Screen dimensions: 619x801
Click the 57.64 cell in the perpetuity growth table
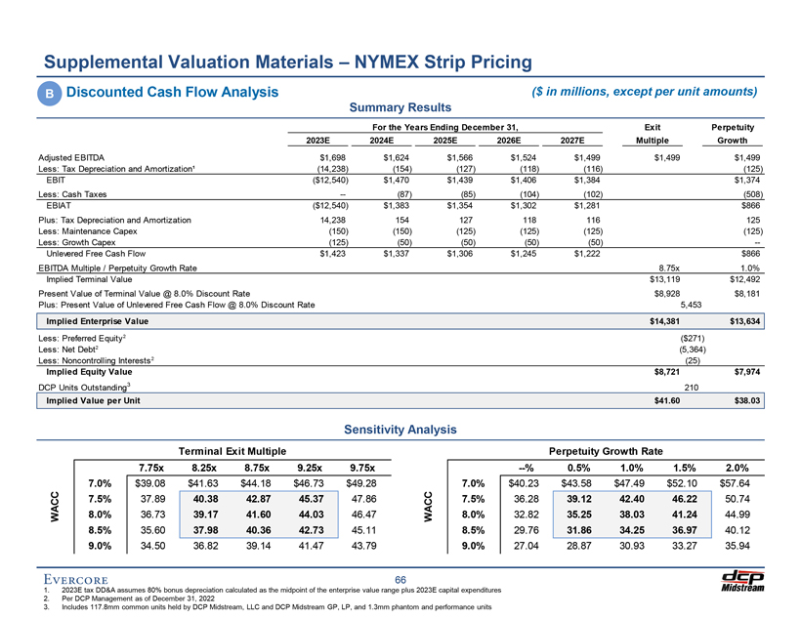click(732, 482)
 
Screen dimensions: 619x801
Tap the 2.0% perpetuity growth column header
click(732, 467)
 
